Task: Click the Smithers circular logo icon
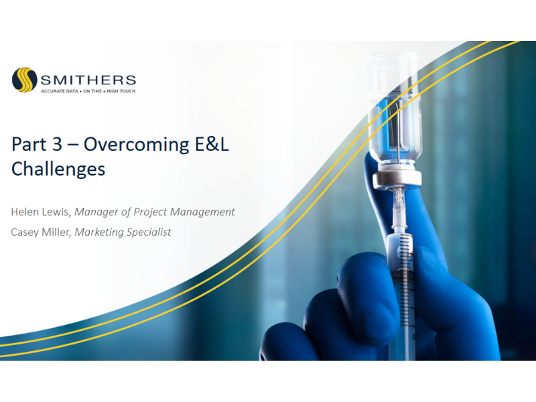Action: [23, 80]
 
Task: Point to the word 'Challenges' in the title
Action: [58, 169]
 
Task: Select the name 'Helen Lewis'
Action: [40, 212]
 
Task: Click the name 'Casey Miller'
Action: [41, 232]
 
